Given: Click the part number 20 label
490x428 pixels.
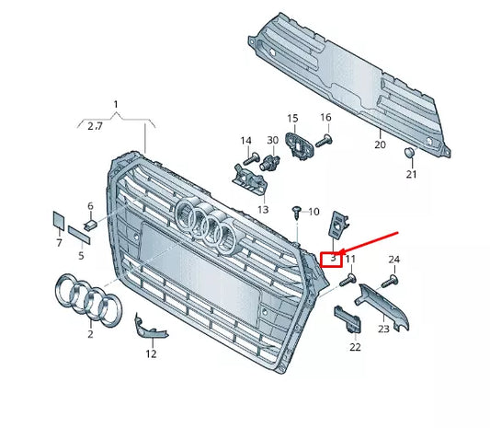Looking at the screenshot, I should (380, 145).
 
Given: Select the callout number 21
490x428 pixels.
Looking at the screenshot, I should (411, 175).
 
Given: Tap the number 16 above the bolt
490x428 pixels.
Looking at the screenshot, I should (325, 118).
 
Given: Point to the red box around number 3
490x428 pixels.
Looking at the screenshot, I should (331, 259).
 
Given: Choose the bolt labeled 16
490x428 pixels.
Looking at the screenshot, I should (324, 141).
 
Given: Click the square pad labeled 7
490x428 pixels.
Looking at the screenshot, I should (58, 221).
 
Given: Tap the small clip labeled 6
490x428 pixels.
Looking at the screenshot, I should (91, 222).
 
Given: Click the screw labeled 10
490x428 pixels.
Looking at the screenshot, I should (296, 213).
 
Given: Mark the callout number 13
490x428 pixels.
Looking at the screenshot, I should (263, 209).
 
